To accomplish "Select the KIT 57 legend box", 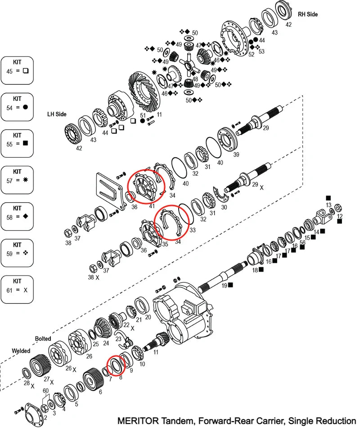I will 17,180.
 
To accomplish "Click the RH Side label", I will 307,14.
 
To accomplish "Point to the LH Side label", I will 57,114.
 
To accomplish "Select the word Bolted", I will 43,338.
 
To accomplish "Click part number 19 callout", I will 224,285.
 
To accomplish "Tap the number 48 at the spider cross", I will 195,78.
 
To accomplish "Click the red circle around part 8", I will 116,364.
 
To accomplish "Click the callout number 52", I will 251,54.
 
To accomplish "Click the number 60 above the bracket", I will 46,390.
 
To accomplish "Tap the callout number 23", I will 118,339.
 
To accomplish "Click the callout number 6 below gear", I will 100,392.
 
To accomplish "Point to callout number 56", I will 302,242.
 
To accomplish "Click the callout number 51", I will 142,115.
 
